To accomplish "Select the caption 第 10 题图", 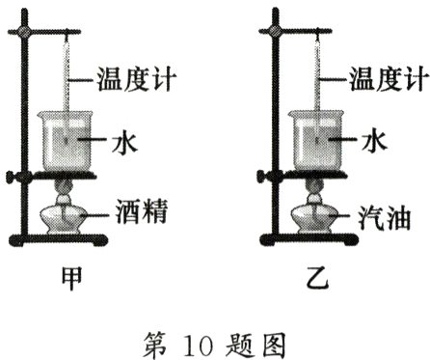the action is (x=214, y=339).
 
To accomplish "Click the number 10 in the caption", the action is (x=205, y=340).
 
